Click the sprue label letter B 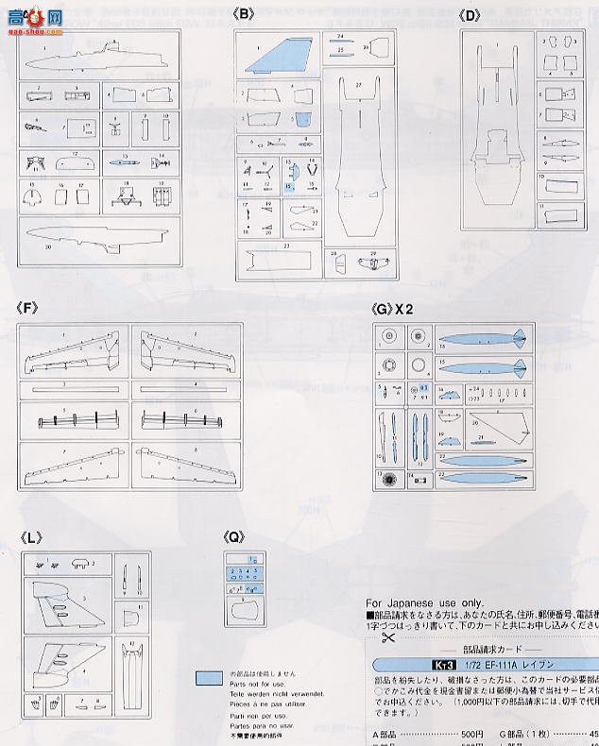[x=248, y=15]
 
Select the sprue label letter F [x=28, y=307]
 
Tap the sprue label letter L [x=30, y=537]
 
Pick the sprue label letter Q [x=234, y=537]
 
